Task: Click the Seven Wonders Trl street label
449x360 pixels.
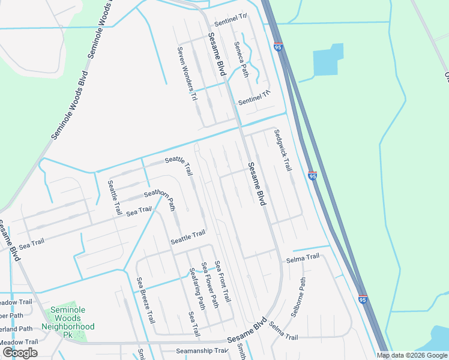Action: coord(185,74)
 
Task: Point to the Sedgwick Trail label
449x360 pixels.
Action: coord(282,151)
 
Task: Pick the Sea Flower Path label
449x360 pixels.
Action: coord(210,285)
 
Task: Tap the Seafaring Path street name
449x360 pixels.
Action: coord(197,286)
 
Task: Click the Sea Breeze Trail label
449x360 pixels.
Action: coord(146,301)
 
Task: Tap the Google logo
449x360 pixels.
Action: coord(20,353)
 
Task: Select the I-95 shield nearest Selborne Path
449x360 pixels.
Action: coord(362,298)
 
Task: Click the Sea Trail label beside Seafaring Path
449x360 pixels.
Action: coord(193,323)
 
